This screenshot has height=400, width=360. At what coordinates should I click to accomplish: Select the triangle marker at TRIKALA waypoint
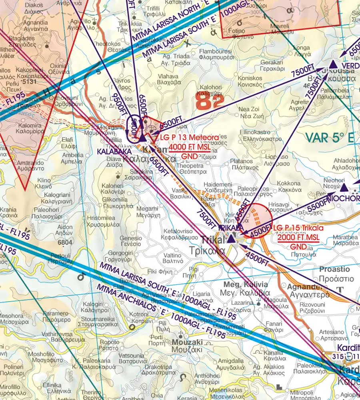click(231, 240)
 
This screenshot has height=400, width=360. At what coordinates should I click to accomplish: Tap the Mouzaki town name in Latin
click(187, 342)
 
